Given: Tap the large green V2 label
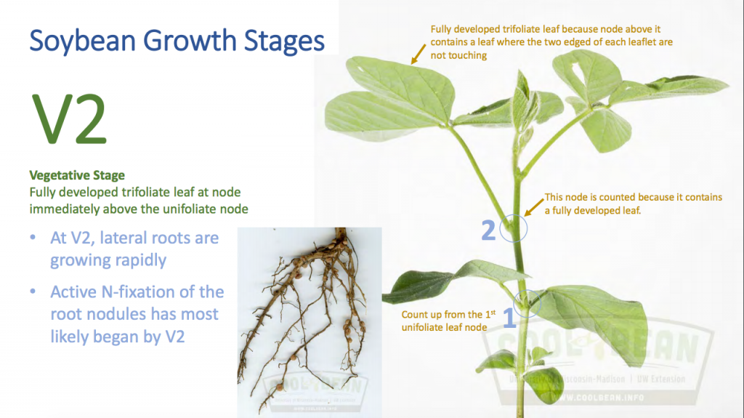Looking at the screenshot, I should [68, 120].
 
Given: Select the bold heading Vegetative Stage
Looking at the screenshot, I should [76, 175].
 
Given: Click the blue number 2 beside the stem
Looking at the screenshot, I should [489, 230].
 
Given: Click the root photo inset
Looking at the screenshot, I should [310, 321].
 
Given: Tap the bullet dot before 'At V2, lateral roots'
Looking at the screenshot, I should [34, 238].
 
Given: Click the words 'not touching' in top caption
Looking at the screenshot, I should [459, 55].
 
